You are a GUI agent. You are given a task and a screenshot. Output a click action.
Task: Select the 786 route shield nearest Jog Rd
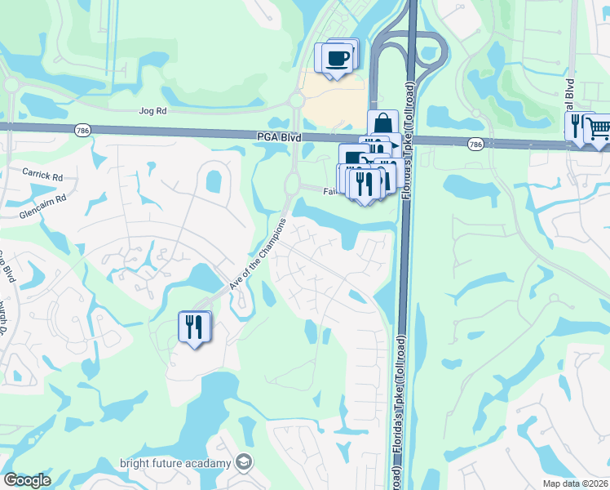click(x=81, y=129)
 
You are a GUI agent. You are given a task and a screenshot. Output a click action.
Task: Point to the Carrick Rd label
click(x=42, y=176)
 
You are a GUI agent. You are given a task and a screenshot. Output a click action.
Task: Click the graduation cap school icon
click(x=243, y=463)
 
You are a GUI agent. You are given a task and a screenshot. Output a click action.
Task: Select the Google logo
click(x=27, y=479)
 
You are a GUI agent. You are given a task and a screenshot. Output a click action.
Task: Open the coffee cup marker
click(x=336, y=58)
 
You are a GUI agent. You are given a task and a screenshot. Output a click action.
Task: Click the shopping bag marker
click(x=382, y=125)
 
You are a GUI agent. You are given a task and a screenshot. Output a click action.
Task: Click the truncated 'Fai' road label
click(x=329, y=191)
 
